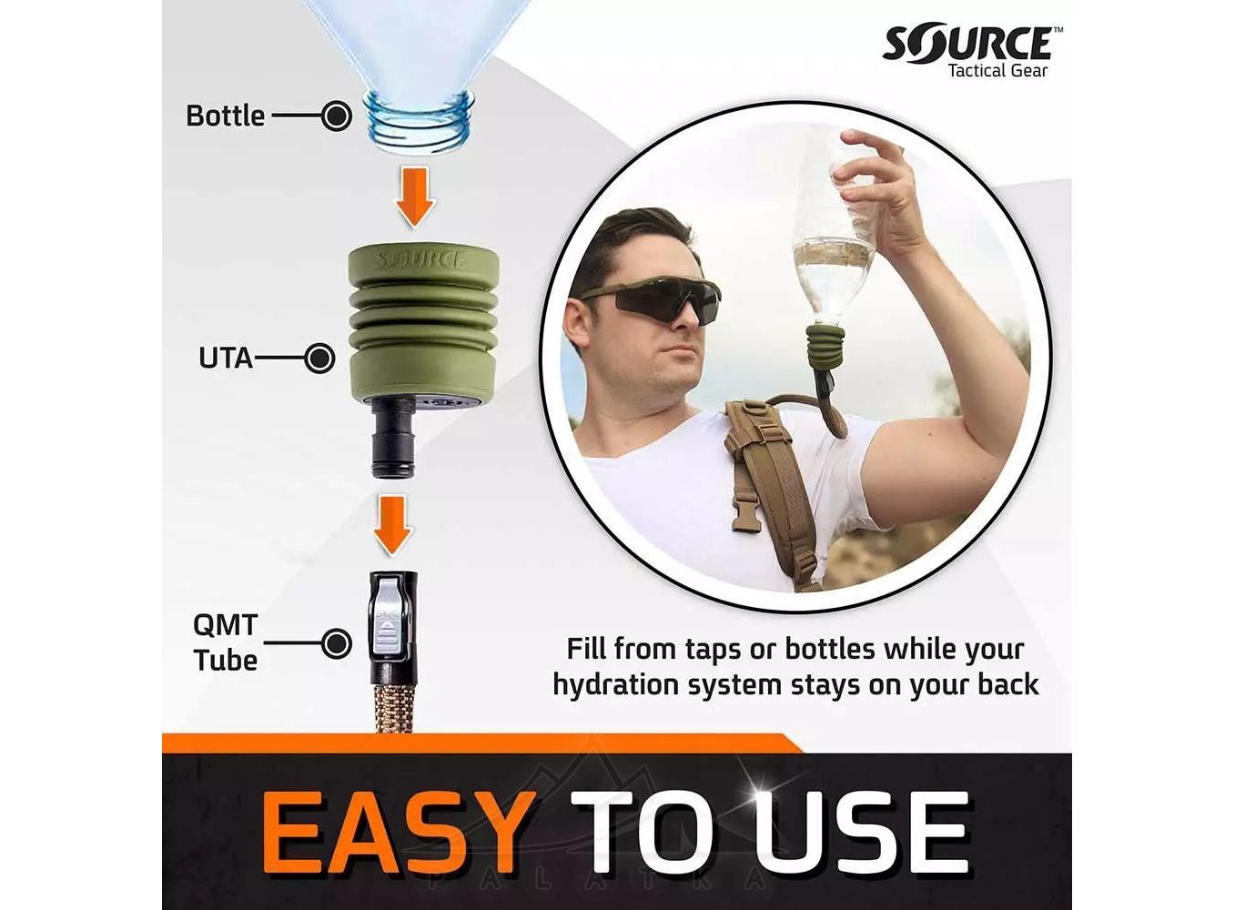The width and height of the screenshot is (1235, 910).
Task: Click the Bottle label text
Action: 225,116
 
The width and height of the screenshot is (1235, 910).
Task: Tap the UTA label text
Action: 226,359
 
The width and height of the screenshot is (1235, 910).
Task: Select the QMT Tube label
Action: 225,642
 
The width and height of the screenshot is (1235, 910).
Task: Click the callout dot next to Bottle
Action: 337,116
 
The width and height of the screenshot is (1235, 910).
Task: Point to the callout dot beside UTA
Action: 319,359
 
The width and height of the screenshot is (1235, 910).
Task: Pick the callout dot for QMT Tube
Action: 336,643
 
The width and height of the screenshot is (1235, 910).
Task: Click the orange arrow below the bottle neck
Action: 415,197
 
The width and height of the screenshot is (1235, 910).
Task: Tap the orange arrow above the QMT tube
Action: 394,525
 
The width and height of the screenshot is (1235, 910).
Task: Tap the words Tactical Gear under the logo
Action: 998,70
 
